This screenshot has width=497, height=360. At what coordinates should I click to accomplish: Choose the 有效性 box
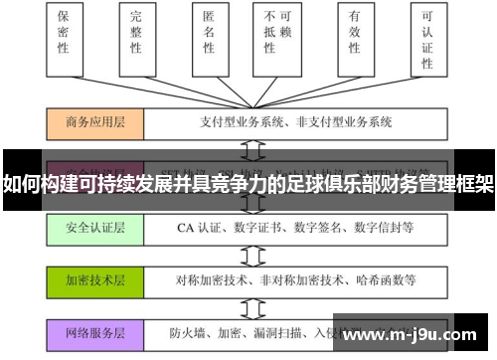pos(353,35)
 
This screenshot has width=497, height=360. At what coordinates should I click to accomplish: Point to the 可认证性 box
pos(428,38)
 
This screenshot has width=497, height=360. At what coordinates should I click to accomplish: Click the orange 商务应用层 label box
pos(96,123)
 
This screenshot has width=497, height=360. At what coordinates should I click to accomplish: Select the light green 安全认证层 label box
pos(96,228)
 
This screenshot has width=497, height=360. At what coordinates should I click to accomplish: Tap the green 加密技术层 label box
pos(96,279)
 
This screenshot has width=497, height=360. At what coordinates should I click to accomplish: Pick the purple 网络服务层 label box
pos(96,333)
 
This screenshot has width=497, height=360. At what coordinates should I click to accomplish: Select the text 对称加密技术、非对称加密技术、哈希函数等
pos(281,279)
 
